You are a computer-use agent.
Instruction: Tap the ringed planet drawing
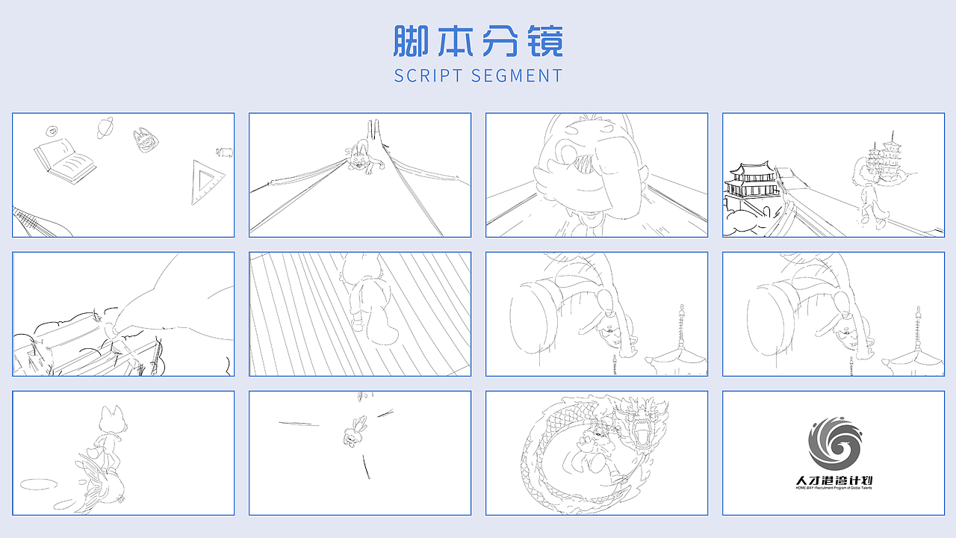[105, 128]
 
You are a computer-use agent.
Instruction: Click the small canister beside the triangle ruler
[223, 153]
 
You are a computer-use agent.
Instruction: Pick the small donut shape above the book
[52, 131]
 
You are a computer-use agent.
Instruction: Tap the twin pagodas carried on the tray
[884, 157]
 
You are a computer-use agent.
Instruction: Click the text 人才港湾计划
[834, 480]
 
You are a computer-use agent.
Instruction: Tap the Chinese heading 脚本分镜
[478, 41]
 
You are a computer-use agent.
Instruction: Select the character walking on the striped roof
[366, 299]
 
